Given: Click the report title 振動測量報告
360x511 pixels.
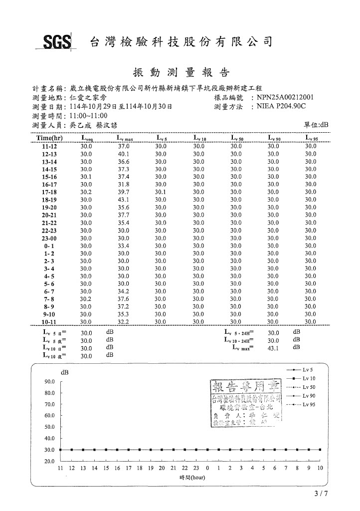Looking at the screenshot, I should [180, 72].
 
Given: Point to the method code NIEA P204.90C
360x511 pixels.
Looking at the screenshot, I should [282, 106].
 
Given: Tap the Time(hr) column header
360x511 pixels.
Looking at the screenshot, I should [49, 138].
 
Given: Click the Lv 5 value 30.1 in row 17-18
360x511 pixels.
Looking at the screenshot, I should [161, 192].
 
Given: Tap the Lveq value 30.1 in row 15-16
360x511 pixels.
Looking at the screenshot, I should [86, 177].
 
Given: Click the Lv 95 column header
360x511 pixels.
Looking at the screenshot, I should [311, 138].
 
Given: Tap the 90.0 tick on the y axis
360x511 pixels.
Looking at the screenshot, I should [49, 382].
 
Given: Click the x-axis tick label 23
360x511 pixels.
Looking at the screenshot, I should [196, 468].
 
